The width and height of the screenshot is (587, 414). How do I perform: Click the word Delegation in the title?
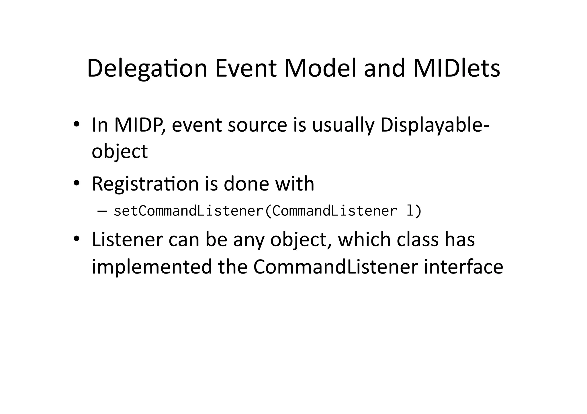(x=147, y=69)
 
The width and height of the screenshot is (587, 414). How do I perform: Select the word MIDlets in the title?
(x=457, y=69)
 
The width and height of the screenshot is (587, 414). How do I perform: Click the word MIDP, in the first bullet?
(x=140, y=125)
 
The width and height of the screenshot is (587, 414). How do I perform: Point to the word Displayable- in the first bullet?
(x=435, y=125)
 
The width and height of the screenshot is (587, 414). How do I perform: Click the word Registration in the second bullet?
(x=145, y=184)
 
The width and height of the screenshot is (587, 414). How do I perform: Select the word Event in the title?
(x=246, y=69)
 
